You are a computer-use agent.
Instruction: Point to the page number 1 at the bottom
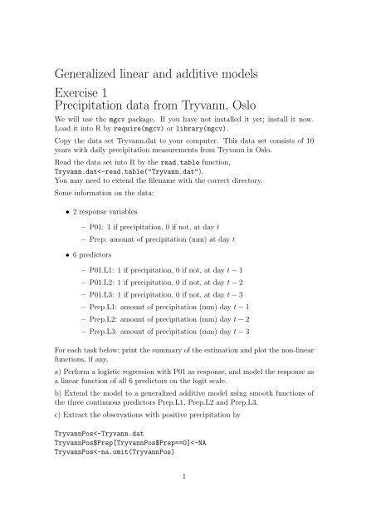pos(188,500)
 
